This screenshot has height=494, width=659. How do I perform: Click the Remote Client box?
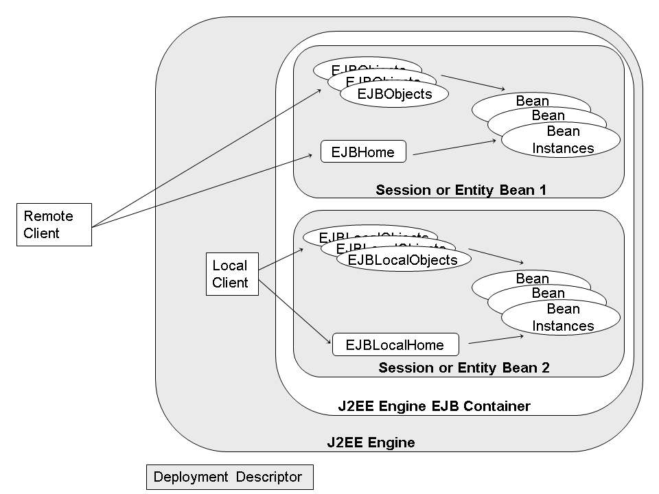click(x=54, y=224)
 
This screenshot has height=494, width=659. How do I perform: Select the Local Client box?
click(x=232, y=274)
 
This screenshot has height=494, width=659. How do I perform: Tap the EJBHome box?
click(x=363, y=152)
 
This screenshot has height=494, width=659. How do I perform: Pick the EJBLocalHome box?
click(x=395, y=344)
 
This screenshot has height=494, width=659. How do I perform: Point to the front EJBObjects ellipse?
click(x=394, y=94)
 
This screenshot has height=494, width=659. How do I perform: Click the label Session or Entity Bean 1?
click(x=461, y=190)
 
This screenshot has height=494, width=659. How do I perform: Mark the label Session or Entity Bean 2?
click(x=463, y=368)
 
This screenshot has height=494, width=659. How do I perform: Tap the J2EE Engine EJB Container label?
click(x=434, y=406)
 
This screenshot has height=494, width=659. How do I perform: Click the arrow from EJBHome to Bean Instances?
click(x=453, y=148)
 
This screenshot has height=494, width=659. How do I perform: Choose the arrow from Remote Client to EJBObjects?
click(x=206, y=158)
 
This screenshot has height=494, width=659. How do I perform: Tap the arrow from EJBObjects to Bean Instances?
click(x=474, y=83)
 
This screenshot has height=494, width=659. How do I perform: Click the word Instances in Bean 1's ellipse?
click(x=563, y=148)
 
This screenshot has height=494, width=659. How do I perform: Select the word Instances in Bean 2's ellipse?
click(x=563, y=326)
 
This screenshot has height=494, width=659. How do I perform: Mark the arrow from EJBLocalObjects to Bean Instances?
click(x=496, y=257)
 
